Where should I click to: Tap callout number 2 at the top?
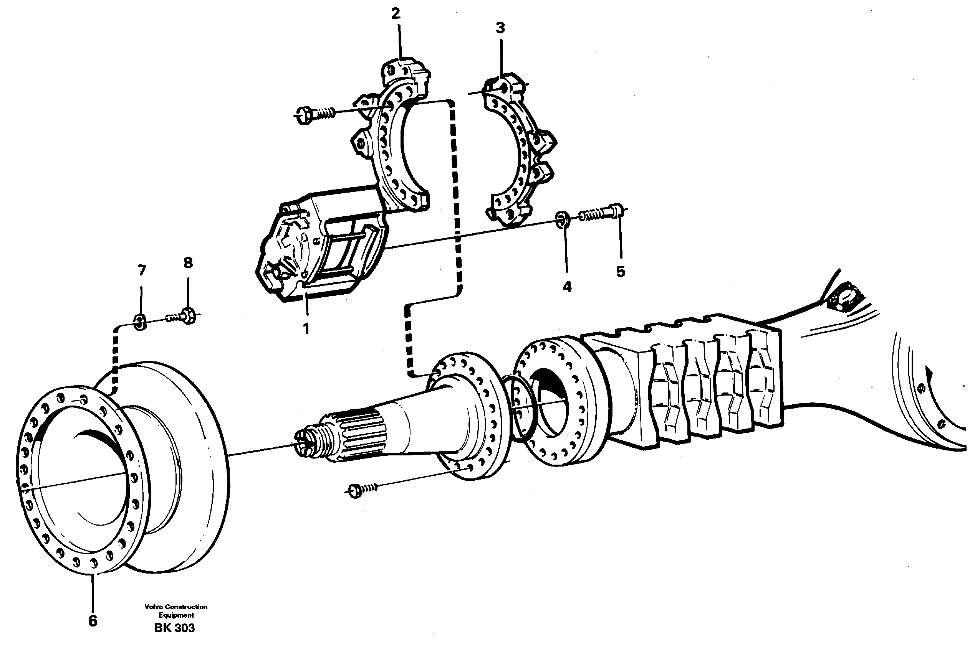(396, 14)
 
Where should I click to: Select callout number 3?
(500, 28)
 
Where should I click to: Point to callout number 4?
(567, 286)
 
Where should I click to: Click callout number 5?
(621, 272)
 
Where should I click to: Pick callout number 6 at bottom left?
(93, 621)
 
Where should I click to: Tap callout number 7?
(142, 271)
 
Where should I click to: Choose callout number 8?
(188, 262)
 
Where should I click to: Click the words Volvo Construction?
(176, 607)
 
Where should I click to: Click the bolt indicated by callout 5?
(602, 214)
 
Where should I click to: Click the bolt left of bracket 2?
(315, 114)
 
